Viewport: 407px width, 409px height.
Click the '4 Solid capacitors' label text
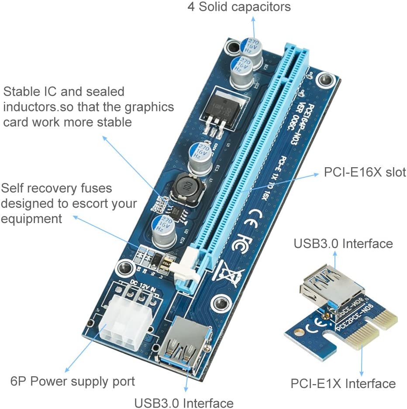tap(239, 7)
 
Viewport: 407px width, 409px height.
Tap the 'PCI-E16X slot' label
tap(365, 172)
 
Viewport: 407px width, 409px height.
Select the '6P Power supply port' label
tap(72, 381)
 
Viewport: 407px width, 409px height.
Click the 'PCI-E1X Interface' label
tap(343, 384)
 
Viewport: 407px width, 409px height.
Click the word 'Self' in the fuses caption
tap(15, 188)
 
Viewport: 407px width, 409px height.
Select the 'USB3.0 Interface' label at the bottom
tap(183, 402)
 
